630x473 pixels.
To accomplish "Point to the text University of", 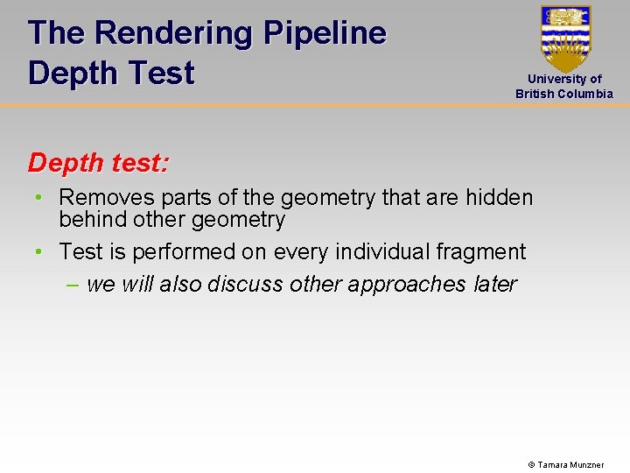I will pyautogui.click(x=564, y=79).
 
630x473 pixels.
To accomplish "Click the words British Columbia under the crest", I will pyautogui.click(x=564, y=94).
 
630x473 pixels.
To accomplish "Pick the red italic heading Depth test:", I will pyautogui.click(x=99, y=162).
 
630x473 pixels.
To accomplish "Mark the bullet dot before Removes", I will pyautogui.click(x=39, y=198).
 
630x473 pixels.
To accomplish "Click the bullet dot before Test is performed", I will pyautogui.click(x=39, y=252).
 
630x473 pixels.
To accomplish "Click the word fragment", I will pyautogui.click(x=484, y=252).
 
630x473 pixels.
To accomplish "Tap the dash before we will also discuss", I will pyautogui.click(x=72, y=285).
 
